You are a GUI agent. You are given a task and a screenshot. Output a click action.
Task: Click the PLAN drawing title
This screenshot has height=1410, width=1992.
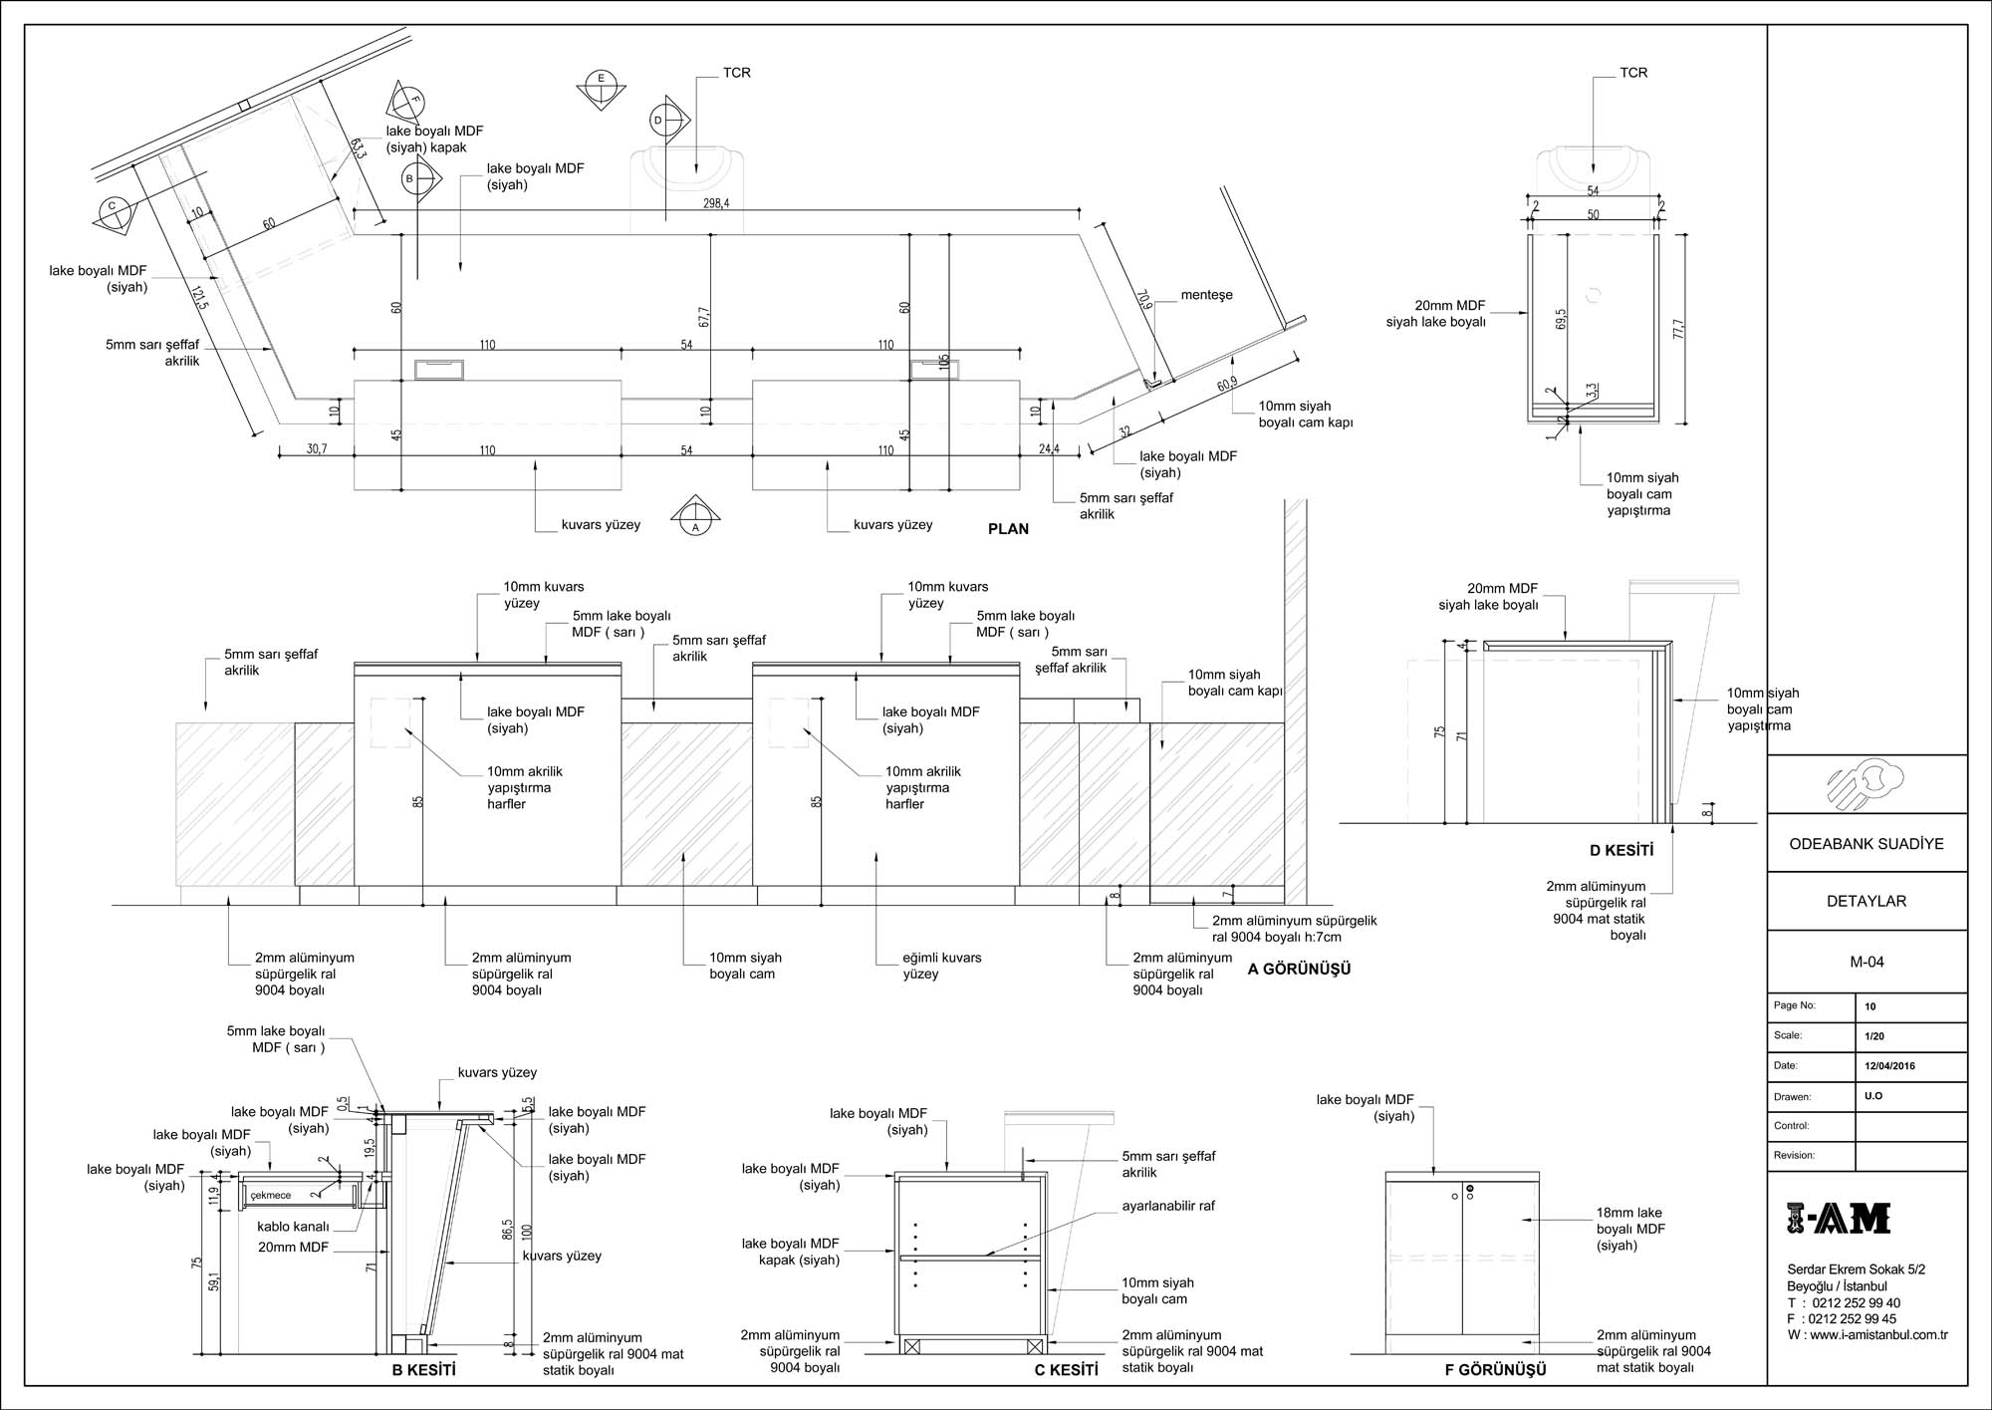point(1008,529)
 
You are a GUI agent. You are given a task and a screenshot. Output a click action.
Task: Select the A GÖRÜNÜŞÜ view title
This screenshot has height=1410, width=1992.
point(1299,969)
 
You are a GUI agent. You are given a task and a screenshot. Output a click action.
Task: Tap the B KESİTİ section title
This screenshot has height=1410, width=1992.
point(423,1370)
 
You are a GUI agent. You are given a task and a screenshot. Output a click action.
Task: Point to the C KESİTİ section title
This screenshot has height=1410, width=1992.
point(1066,1370)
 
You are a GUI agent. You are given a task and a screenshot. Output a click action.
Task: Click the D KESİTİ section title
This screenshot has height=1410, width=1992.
point(1621,851)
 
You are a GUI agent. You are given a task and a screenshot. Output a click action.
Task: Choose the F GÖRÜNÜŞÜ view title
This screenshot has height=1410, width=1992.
point(1495,1370)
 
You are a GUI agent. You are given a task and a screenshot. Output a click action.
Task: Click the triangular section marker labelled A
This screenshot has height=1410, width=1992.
point(696,516)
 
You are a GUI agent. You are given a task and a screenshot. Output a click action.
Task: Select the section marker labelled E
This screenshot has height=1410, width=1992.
point(602,88)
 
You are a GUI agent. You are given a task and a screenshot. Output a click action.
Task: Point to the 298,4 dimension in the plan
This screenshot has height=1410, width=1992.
point(715,202)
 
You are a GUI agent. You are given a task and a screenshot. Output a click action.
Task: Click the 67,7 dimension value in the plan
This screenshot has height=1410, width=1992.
point(704,318)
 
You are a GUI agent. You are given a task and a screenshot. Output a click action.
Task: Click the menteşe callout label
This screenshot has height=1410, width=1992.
point(1206,295)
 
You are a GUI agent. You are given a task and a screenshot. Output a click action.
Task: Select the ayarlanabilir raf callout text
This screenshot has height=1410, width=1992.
point(1168,1206)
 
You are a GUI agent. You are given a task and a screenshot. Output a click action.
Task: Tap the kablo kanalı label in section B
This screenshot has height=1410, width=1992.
point(293,1227)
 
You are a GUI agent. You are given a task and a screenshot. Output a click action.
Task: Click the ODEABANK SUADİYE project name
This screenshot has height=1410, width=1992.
point(1867,844)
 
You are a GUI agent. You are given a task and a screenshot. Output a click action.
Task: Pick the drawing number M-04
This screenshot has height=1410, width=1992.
point(1867,963)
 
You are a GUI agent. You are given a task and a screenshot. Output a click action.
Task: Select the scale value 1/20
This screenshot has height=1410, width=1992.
point(1874,1036)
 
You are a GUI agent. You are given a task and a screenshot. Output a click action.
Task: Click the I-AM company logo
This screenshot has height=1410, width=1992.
point(1839,1219)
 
